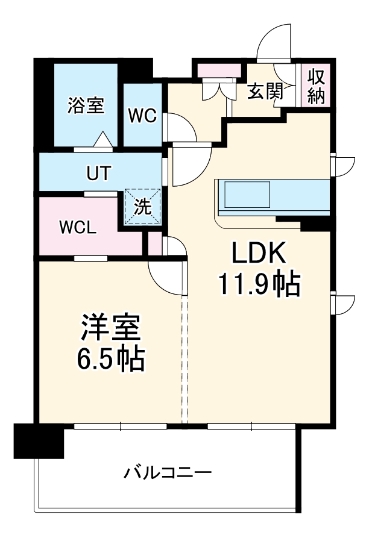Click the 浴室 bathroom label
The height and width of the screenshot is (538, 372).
click(x=85, y=105)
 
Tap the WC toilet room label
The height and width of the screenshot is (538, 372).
click(x=143, y=115)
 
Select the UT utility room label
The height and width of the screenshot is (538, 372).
click(x=98, y=174)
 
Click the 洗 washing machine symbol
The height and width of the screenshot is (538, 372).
click(x=142, y=207)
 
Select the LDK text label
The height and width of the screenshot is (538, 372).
click(x=259, y=254)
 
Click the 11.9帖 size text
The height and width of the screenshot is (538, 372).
click(x=259, y=284)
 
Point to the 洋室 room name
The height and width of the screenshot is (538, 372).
click(x=111, y=328)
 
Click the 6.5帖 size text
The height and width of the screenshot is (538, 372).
click(x=110, y=360)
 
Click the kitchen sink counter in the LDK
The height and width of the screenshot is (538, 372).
click(x=247, y=195)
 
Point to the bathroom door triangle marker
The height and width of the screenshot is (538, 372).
click(x=103, y=140)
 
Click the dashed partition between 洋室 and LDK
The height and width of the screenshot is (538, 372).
click(x=185, y=361)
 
